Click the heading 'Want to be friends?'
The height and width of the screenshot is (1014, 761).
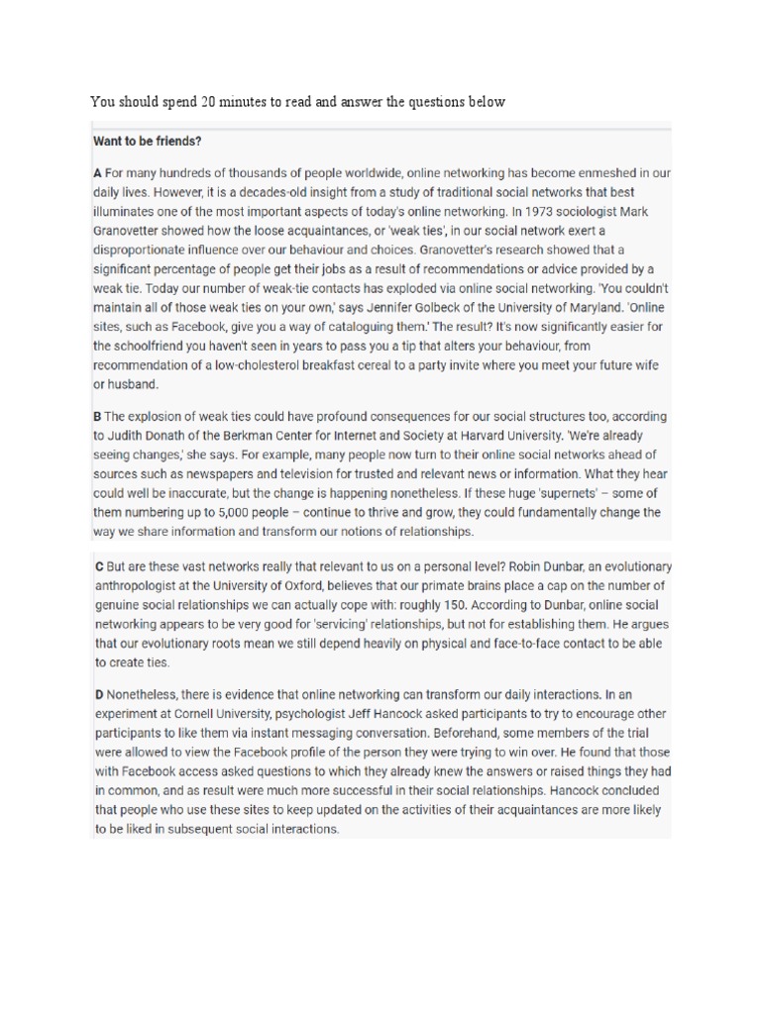click(147, 142)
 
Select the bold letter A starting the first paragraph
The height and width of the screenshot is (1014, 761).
click(98, 172)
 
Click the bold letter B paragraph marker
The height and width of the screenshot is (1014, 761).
click(98, 417)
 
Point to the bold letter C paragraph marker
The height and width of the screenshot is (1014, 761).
click(98, 567)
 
